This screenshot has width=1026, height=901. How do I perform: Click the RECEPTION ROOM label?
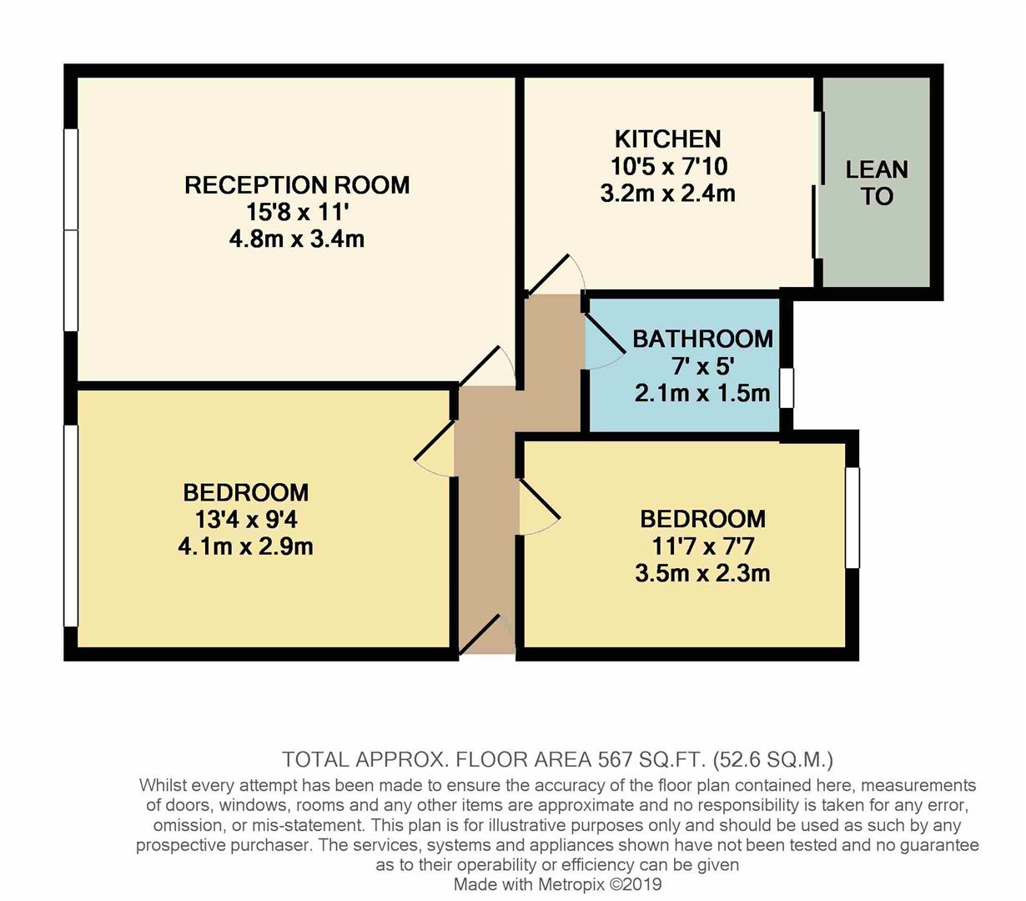click(x=296, y=184)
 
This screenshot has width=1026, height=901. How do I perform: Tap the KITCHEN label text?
click(x=667, y=138)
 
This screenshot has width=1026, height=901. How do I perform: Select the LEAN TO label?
click(x=876, y=183)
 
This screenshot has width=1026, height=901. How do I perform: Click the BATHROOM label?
click(x=702, y=339)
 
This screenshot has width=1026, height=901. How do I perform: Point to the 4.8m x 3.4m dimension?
click(x=296, y=239)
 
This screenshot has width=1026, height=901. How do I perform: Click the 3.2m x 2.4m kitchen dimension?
click(x=667, y=194)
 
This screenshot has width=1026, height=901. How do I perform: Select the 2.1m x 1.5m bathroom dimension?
click(x=702, y=393)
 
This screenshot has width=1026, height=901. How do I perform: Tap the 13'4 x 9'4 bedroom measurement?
click(x=246, y=520)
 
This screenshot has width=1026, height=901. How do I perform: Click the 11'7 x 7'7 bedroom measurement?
click(x=702, y=546)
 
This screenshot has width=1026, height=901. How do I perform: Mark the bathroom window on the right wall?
click(x=786, y=388)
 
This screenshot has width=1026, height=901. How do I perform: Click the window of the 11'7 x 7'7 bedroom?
click(x=852, y=517)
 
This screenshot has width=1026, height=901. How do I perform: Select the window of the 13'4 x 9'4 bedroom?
click(x=71, y=526)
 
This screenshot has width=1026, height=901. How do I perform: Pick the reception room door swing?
click(x=488, y=367)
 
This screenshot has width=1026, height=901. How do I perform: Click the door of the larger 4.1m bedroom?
click(x=436, y=450)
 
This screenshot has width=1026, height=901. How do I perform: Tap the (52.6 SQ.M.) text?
click(x=773, y=760)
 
